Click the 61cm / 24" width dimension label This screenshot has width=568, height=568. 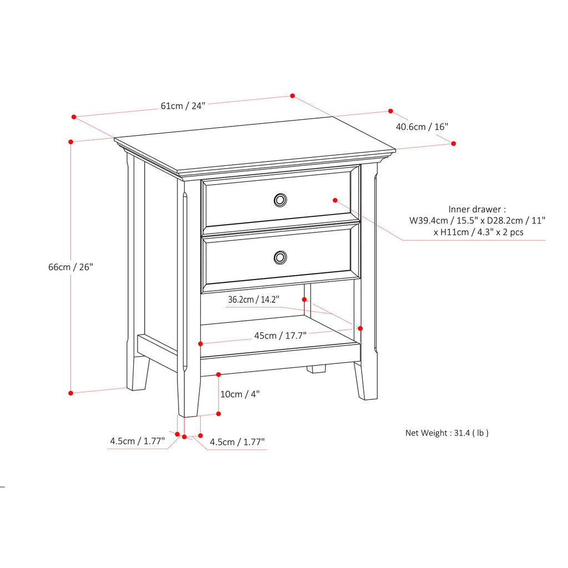[x=183, y=105]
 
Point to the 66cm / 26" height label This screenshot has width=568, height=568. [x=70, y=267]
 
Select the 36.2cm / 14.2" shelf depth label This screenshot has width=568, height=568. [x=253, y=300]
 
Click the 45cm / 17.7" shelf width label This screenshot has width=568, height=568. [x=280, y=335]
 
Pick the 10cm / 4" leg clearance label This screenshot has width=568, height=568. [x=240, y=394]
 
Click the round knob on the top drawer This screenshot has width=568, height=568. [x=281, y=200]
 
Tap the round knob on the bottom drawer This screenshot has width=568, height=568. [x=281, y=257]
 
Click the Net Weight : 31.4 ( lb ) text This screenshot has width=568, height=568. [x=447, y=433]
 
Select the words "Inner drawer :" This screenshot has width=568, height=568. [x=477, y=209]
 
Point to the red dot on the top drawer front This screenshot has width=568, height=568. [x=335, y=199]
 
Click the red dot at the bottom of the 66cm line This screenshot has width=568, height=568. [x=70, y=393]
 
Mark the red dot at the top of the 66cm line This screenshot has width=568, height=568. [x=70, y=142]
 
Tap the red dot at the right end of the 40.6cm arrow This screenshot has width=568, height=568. [x=453, y=143]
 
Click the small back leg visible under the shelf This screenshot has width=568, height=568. [x=317, y=368]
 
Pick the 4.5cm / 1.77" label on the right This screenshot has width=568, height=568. [x=237, y=442]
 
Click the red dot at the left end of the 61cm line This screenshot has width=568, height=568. [x=74, y=117]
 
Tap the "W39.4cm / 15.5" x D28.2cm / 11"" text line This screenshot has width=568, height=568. [x=478, y=221]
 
